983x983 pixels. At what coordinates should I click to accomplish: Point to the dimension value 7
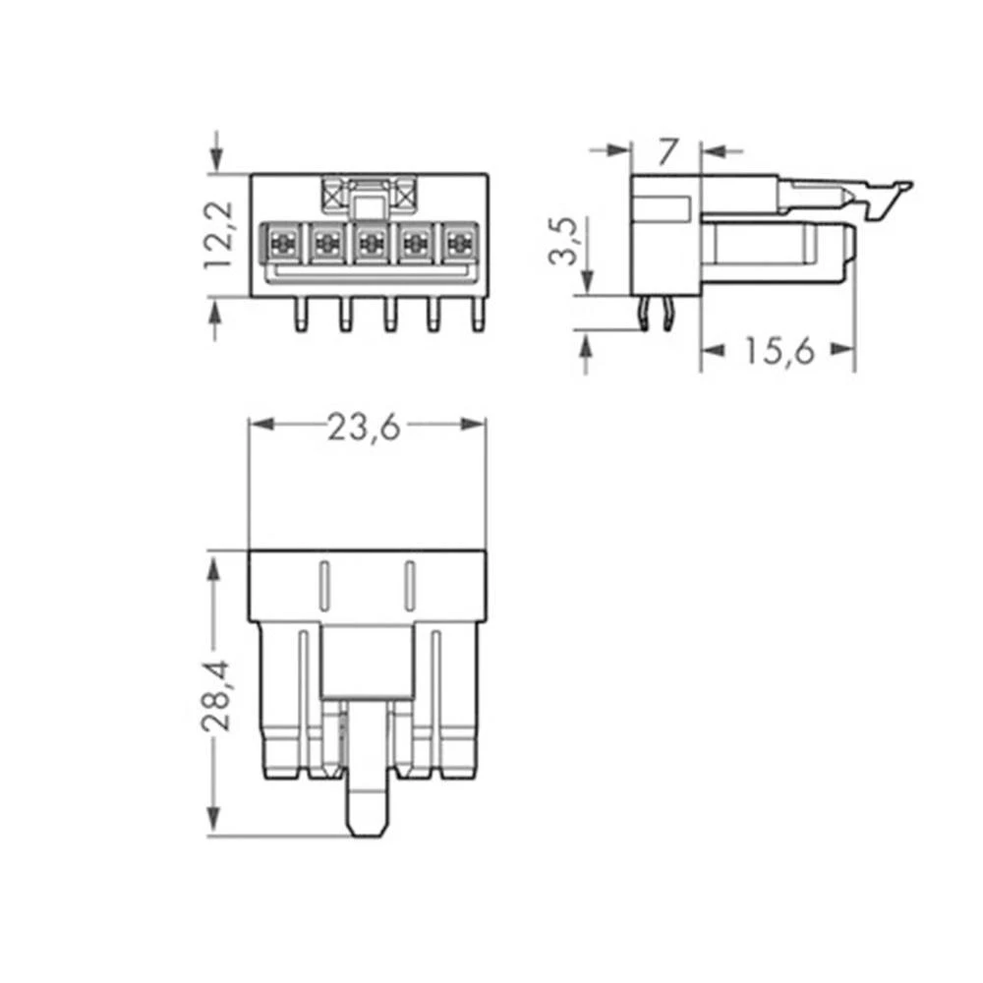click(667, 151)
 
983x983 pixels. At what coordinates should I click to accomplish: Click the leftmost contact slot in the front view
click(282, 242)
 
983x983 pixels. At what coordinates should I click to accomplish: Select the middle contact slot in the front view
click(370, 242)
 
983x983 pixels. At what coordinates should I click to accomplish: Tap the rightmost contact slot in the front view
click(457, 242)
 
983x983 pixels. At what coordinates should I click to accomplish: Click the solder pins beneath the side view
click(656, 315)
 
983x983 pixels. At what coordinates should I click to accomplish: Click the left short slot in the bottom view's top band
click(322, 585)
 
